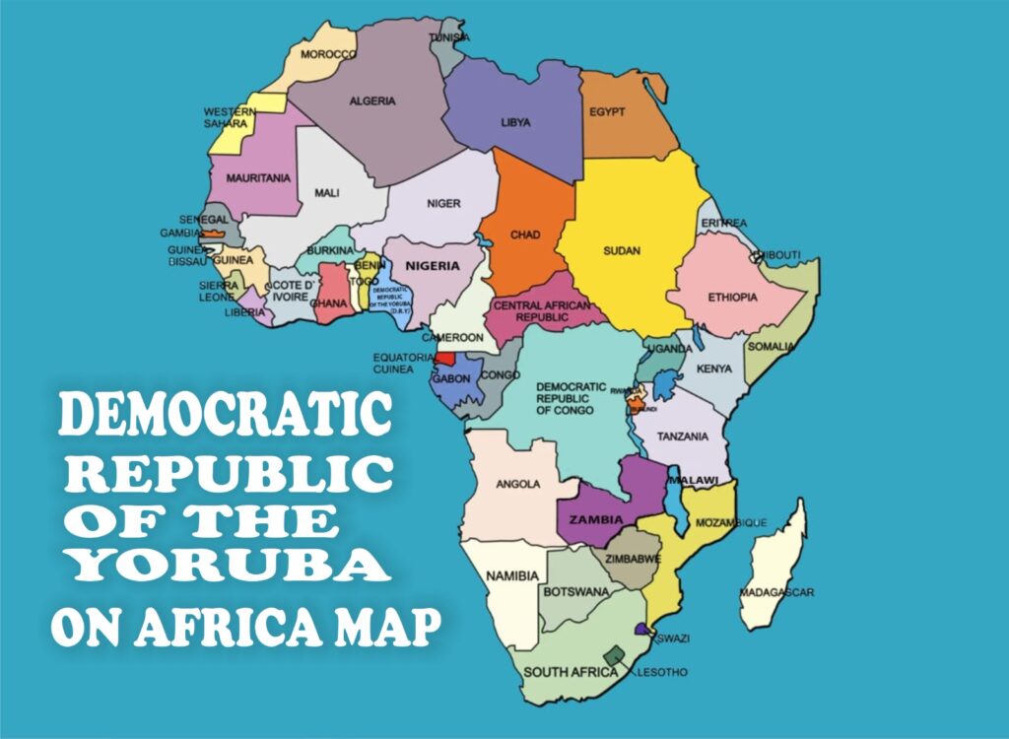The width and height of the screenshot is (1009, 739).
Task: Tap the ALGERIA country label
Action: tap(372, 101)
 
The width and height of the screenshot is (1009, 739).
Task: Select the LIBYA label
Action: tap(515, 122)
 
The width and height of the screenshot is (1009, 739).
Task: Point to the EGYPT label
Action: tap(607, 111)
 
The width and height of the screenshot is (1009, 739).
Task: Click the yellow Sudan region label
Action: tap(622, 250)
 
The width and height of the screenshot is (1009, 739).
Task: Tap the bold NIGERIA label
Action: tap(432, 266)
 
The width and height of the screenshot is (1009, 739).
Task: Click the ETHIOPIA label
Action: tap(732, 297)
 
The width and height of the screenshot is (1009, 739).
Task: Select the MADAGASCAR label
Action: tap(776, 592)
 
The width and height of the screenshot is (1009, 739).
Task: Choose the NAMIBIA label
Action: tap(513, 575)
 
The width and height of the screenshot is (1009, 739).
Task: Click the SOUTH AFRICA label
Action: tap(571, 672)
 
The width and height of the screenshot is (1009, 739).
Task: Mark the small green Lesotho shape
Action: tap(615, 656)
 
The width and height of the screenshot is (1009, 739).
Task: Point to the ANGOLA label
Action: tap(517, 484)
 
